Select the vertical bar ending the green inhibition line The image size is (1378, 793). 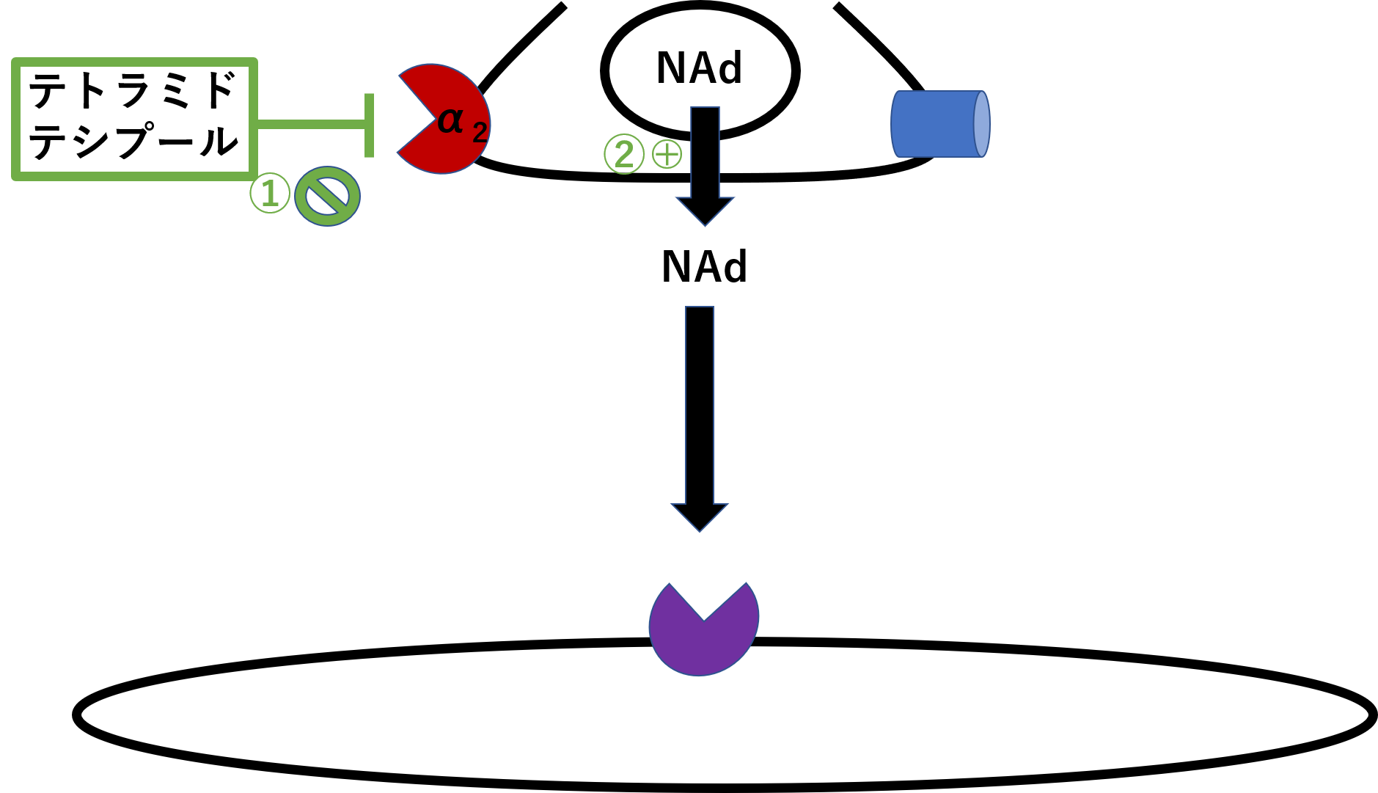pyautogui.click(x=369, y=125)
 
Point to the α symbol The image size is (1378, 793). pyautogui.click(x=450, y=120)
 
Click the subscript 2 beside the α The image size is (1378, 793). pyautogui.click(x=480, y=133)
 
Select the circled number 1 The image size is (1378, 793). pyautogui.click(x=270, y=193)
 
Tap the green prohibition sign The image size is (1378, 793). pyautogui.click(x=327, y=196)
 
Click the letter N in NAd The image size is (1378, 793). pyautogui.click(x=670, y=69)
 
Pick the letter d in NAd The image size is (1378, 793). pyautogui.click(x=729, y=69)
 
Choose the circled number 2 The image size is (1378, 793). pyautogui.click(x=624, y=154)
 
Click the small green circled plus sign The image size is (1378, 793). pyautogui.click(x=667, y=154)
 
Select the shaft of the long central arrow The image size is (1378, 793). pyautogui.click(x=700, y=403)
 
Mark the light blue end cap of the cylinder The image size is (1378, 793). pyautogui.click(x=982, y=124)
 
